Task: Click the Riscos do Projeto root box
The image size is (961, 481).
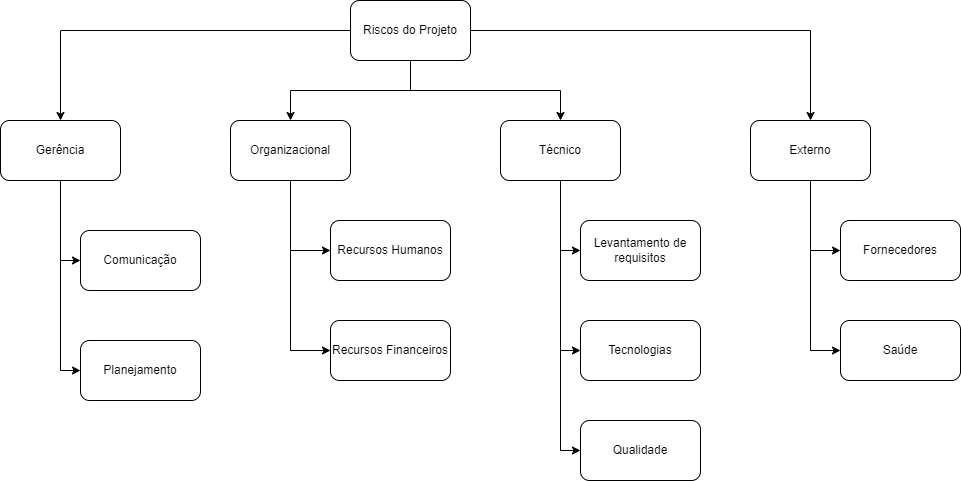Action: pyautogui.click(x=410, y=30)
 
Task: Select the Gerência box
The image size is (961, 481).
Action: pyautogui.click(x=60, y=150)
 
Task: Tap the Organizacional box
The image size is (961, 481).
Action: pyautogui.click(x=290, y=150)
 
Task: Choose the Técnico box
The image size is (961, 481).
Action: pyautogui.click(x=560, y=150)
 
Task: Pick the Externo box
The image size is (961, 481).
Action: pyautogui.click(x=810, y=150)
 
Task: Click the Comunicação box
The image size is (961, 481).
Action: pyautogui.click(x=140, y=260)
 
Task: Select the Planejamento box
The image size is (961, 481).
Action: pyautogui.click(x=140, y=370)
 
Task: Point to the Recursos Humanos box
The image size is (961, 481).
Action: pyautogui.click(x=390, y=250)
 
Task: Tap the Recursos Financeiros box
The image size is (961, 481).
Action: pyautogui.click(x=390, y=350)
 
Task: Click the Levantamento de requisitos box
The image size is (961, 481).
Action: pyautogui.click(x=640, y=250)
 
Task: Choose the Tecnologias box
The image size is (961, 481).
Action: pyautogui.click(x=640, y=350)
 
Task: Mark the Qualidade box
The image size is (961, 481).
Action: pyautogui.click(x=640, y=450)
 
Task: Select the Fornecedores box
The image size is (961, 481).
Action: pyautogui.click(x=900, y=250)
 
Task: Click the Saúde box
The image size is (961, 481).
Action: pyautogui.click(x=900, y=350)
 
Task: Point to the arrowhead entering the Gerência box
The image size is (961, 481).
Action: pyautogui.click(x=60, y=115)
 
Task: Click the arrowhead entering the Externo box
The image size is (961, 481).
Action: pyautogui.click(x=810, y=115)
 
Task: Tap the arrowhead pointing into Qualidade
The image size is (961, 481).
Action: pyautogui.click(x=575, y=450)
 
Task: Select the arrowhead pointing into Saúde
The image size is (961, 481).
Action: pyautogui.click(x=835, y=350)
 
